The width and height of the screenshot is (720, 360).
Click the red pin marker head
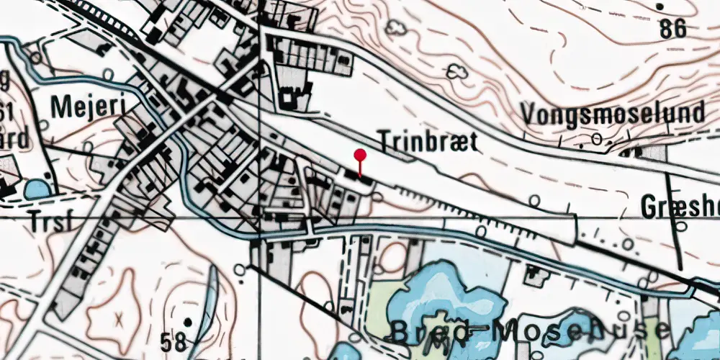pos(360,155)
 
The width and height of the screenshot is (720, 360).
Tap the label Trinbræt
pos(428,142)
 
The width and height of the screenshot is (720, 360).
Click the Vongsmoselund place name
pos(613,114)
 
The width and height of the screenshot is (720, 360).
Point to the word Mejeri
pos(89,107)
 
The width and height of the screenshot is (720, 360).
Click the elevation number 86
pos(672,30)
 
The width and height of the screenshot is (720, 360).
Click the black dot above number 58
pos(188,322)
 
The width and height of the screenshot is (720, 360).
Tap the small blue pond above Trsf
pos(37,189)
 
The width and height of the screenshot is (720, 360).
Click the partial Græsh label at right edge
pos(679,207)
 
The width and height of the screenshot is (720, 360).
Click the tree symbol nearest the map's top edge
pos(395,28)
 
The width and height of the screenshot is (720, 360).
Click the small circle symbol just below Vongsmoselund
pos(597,139)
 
